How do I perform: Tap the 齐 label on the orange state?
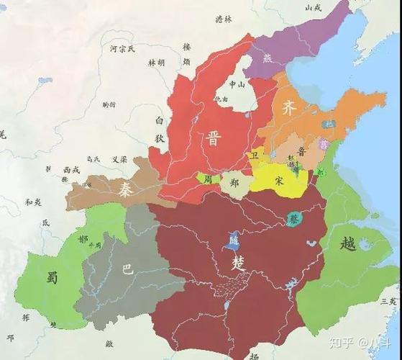288,109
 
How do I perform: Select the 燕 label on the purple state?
269,58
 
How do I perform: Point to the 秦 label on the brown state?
124,189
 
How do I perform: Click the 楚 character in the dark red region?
238,264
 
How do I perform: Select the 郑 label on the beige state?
234,183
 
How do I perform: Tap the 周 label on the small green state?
208,178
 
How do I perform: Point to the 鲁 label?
301,152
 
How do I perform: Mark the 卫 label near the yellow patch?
255,155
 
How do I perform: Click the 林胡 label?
156,63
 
